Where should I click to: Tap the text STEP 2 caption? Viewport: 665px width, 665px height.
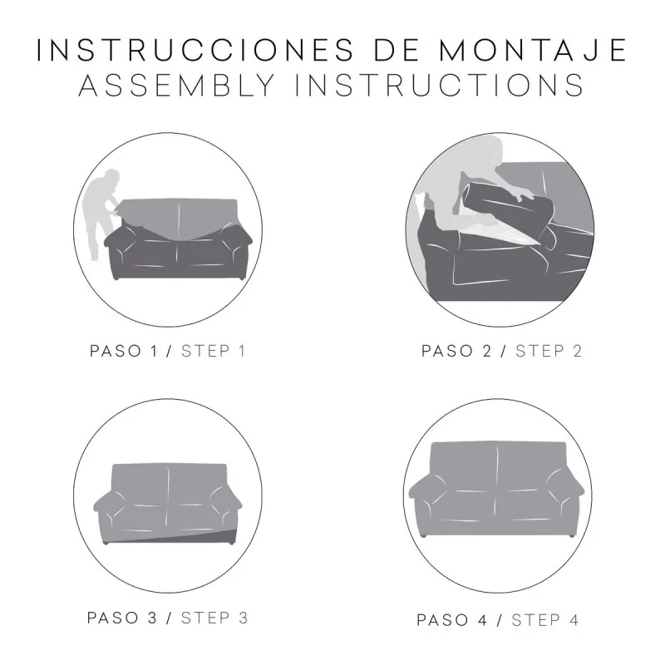tap(549, 351)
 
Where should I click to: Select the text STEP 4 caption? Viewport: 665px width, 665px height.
tap(545, 620)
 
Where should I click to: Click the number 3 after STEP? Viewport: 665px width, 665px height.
tap(242, 618)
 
